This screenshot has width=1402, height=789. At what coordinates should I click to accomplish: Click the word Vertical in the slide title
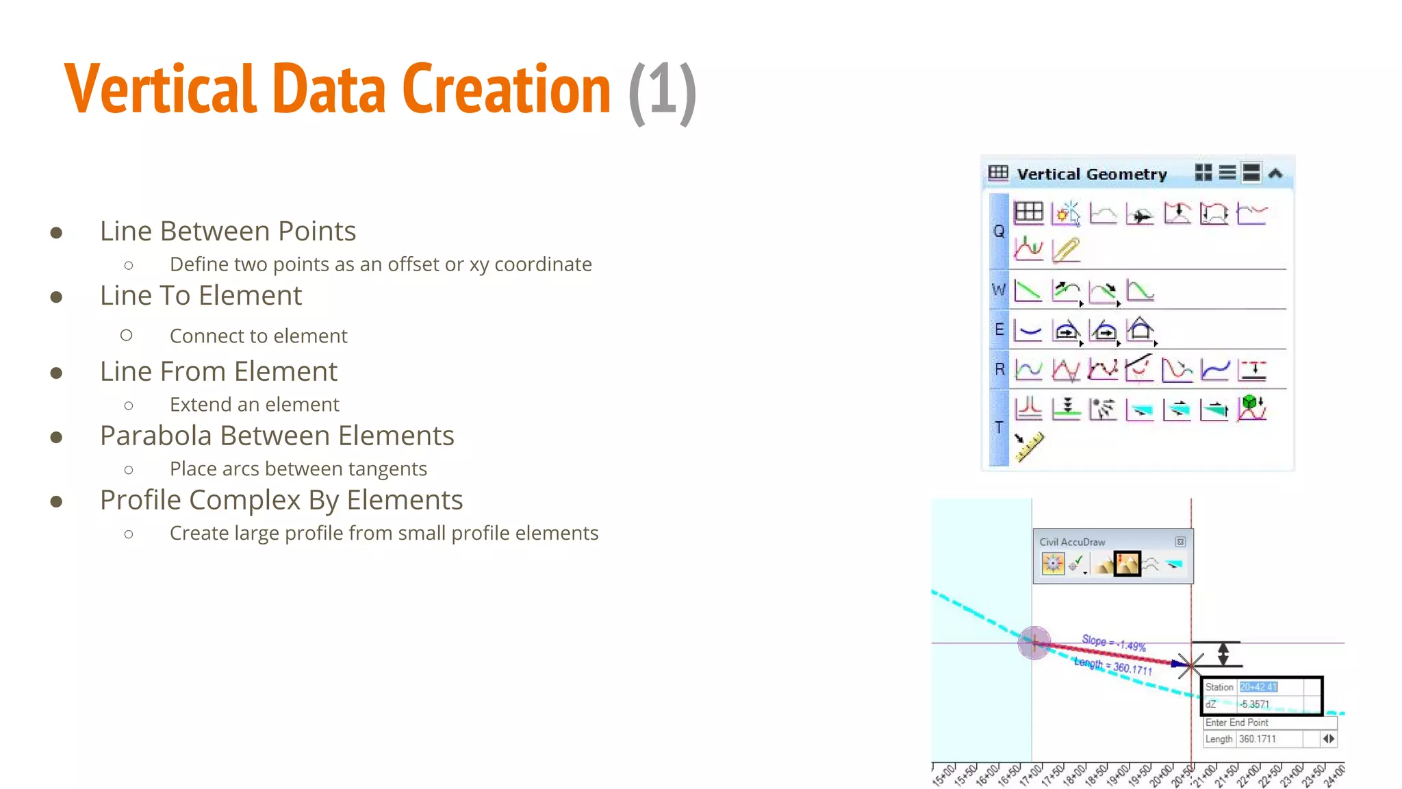coord(161,89)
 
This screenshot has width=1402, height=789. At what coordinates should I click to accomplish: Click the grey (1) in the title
coord(662,92)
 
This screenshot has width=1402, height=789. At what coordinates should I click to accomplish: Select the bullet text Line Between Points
coord(227,231)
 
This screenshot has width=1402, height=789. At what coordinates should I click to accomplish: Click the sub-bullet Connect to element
coord(258,336)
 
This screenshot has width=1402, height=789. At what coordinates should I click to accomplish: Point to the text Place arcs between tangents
coord(298,469)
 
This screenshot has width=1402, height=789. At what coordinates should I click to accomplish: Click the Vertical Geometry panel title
coord(1091,174)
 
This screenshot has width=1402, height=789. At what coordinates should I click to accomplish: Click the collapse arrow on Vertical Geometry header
coord(1275,173)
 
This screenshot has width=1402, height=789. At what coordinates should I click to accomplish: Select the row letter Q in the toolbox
coord(999,231)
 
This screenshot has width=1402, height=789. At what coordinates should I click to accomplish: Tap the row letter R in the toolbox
coord(999,370)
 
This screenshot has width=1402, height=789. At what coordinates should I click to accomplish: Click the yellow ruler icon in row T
coord(1028,447)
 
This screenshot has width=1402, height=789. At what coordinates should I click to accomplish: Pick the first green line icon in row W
coord(1028,292)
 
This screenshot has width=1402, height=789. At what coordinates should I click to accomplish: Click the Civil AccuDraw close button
coord(1180,542)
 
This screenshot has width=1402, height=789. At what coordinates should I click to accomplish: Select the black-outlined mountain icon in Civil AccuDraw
coord(1127,564)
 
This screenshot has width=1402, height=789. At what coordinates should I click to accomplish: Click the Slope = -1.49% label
coord(1113,642)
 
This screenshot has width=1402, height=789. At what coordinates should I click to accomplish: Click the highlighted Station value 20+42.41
coord(1258,687)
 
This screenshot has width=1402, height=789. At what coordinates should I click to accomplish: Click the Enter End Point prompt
coord(1236,723)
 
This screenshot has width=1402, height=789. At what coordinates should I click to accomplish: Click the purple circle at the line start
coord(1034,642)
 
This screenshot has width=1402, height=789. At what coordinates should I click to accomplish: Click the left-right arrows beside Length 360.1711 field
coord(1328,739)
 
